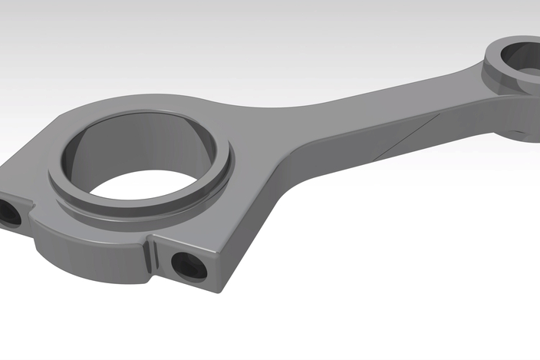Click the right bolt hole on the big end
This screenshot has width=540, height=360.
tap(187, 266)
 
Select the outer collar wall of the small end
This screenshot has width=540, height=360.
tap(499, 77)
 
